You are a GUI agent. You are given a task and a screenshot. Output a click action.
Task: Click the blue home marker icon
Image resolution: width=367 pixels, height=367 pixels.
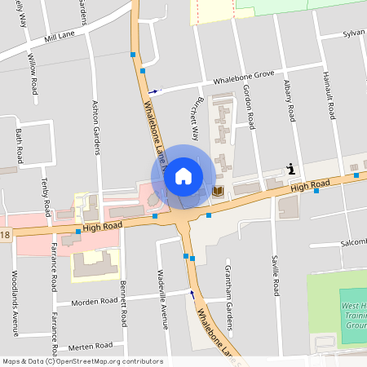[183, 176]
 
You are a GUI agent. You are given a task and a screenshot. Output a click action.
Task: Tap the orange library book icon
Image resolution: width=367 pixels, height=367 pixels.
[218, 190]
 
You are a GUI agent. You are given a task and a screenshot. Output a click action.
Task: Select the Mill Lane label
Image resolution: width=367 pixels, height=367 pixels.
[60, 38]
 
